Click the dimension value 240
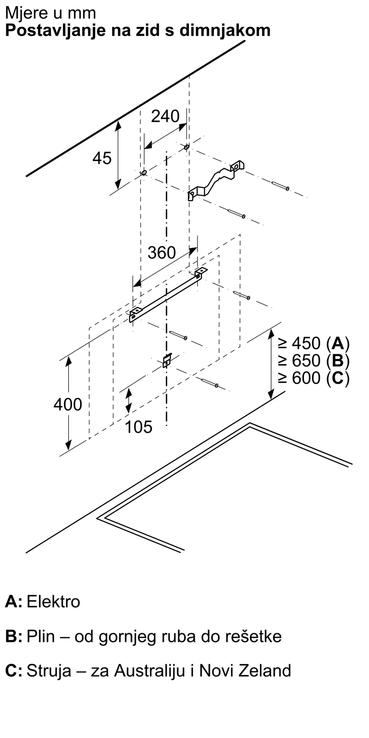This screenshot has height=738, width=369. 165,116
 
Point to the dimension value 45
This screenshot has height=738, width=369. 102,158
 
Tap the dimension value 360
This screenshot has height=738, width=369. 162,253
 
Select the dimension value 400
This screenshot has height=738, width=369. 68,404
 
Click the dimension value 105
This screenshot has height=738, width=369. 138,427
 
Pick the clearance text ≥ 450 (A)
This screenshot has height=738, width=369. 314,344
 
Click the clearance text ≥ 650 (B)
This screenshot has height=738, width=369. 314,361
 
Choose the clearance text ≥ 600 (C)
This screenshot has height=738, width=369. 314,378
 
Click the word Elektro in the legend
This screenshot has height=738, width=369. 53,602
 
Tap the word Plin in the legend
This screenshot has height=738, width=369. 41,637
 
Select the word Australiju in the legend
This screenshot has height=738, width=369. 149,671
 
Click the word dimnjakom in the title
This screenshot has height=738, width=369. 225,30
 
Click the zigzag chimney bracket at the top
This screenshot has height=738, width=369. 216,180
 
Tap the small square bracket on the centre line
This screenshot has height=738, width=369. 167,360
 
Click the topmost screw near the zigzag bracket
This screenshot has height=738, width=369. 280,186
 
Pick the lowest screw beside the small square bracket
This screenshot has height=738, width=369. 210,383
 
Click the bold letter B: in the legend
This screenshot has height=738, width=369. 14,637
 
